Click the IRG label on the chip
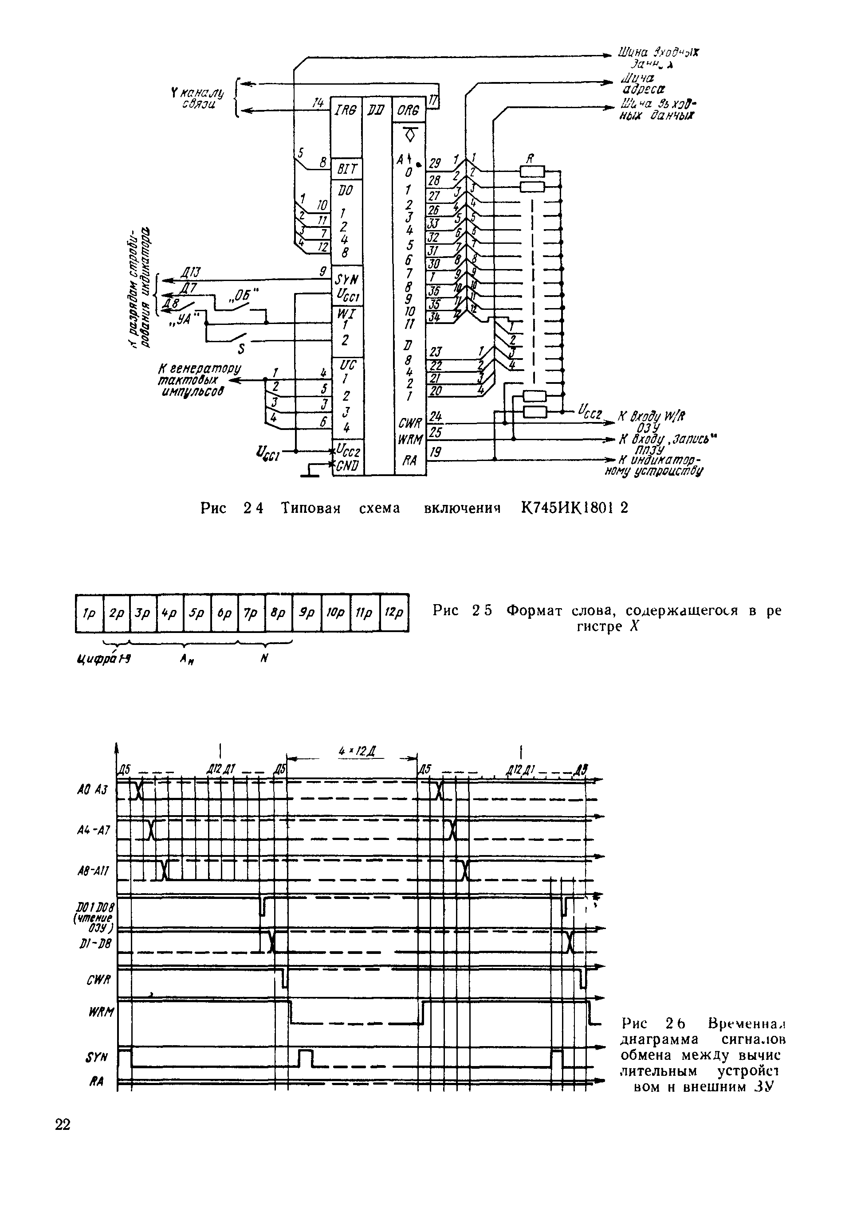tap(346, 110)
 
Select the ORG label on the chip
tap(409, 111)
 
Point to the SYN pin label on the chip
tap(346, 281)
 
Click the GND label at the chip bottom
tap(347, 466)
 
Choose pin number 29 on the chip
tap(435, 163)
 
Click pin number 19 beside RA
tap(435, 452)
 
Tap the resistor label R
tap(531, 158)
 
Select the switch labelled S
tap(241, 348)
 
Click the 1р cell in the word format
tap(90, 613)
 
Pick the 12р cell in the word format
tap(394, 613)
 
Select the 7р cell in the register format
tap(252, 613)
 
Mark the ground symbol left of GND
tap(310, 472)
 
